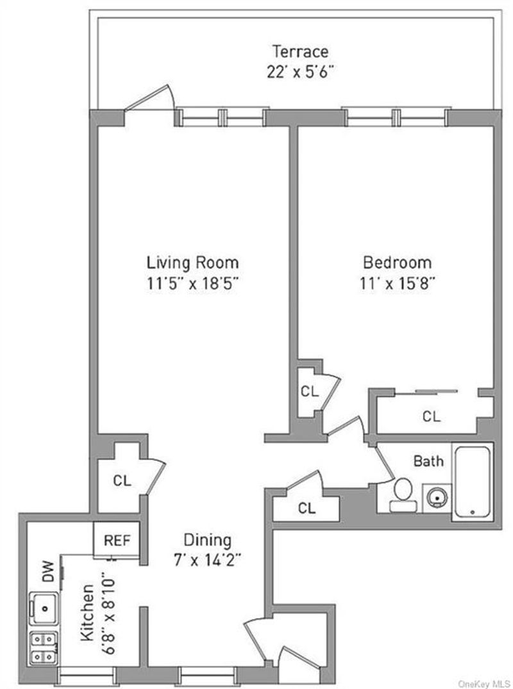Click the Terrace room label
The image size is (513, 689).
(x=300, y=51)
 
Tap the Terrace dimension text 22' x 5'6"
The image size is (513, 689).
(x=300, y=72)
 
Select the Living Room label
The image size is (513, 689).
(x=192, y=263)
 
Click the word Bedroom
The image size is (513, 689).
(x=397, y=263)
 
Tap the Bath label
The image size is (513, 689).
(x=428, y=461)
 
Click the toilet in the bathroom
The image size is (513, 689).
(x=402, y=495)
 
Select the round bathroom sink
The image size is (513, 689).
(x=437, y=498)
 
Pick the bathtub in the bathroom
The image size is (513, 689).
(x=472, y=482)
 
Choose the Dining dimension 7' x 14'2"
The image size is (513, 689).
(x=206, y=560)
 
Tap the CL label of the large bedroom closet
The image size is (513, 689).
(x=431, y=416)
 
